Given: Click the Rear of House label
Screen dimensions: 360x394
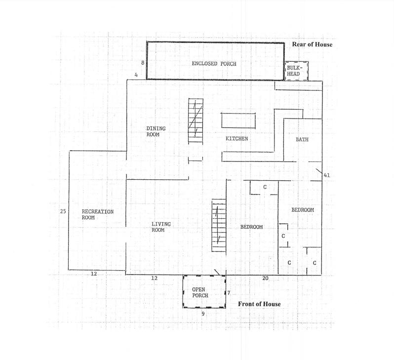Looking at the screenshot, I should pyautogui.click(x=312, y=44).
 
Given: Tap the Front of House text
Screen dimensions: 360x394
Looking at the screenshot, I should pyautogui.click(x=259, y=304).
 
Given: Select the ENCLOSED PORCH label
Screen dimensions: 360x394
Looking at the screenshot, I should pyautogui.click(x=214, y=64).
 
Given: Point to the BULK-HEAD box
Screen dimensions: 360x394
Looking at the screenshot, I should pyautogui.click(x=296, y=71).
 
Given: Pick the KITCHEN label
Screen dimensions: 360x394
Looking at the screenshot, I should pyautogui.click(x=236, y=139).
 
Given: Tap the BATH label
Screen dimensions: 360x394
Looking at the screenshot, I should pyautogui.click(x=302, y=139).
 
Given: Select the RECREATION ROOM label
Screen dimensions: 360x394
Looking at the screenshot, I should pyautogui.click(x=97, y=214).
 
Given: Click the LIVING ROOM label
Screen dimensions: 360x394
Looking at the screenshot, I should pyautogui.click(x=160, y=227).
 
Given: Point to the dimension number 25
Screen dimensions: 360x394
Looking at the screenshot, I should pyautogui.click(x=63, y=211).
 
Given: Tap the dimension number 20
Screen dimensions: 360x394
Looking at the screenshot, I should pyautogui.click(x=265, y=279).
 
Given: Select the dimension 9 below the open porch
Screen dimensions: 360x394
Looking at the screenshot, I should pyautogui.click(x=202, y=314).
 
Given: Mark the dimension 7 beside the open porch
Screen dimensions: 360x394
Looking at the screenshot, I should pyautogui.click(x=229, y=293).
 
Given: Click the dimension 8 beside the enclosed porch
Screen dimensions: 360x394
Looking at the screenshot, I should pyautogui.click(x=142, y=63).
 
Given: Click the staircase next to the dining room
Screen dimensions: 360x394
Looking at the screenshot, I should pyautogui.click(x=196, y=120).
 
